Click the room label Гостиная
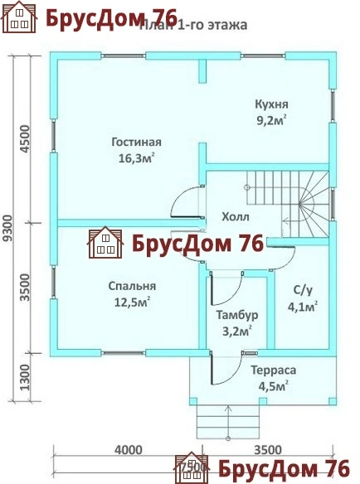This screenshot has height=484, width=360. point(136,142)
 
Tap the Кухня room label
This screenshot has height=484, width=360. point(272,105)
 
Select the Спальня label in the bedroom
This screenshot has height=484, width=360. point(132,286)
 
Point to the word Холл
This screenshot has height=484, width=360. point(236,217)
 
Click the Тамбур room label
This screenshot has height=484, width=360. point(238,316)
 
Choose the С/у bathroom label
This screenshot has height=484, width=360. point(303,290)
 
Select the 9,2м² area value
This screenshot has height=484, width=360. point(272,120)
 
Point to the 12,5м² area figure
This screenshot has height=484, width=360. point(132,302)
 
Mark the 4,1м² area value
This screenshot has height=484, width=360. point(303,306)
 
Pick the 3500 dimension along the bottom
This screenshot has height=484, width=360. point(266,450)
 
